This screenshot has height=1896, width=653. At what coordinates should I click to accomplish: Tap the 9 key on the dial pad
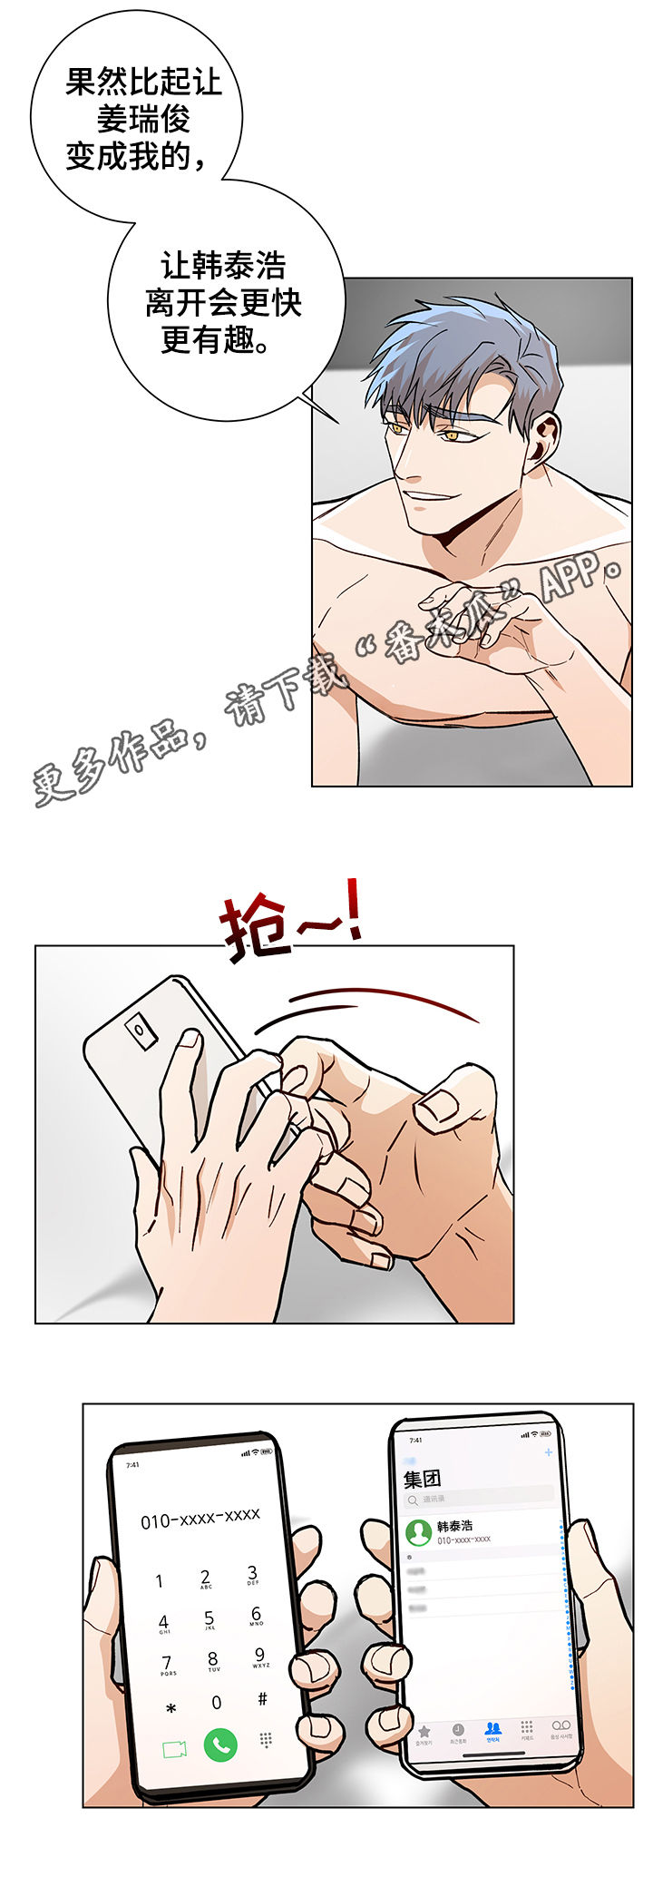pyautogui.click(x=259, y=1656)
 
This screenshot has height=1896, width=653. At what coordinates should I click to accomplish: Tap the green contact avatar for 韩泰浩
pyautogui.click(x=418, y=1532)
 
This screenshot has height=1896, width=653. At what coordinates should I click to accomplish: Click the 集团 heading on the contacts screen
pyautogui.click(x=422, y=1480)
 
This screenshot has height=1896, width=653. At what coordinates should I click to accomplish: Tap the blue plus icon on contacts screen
pyautogui.click(x=548, y=1452)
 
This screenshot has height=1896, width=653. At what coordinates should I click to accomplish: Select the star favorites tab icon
pyautogui.click(x=424, y=1732)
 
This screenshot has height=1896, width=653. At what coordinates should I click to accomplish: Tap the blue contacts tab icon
pyautogui.click(x=492, y=1728)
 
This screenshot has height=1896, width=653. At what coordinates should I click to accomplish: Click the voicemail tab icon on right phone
pyautogui.click(x=560, y=1725)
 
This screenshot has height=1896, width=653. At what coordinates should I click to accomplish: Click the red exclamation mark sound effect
pyautogui.click(x=351, y=909)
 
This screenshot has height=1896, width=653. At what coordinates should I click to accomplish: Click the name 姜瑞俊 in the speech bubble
pyautogui.click(x=143, y=119)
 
